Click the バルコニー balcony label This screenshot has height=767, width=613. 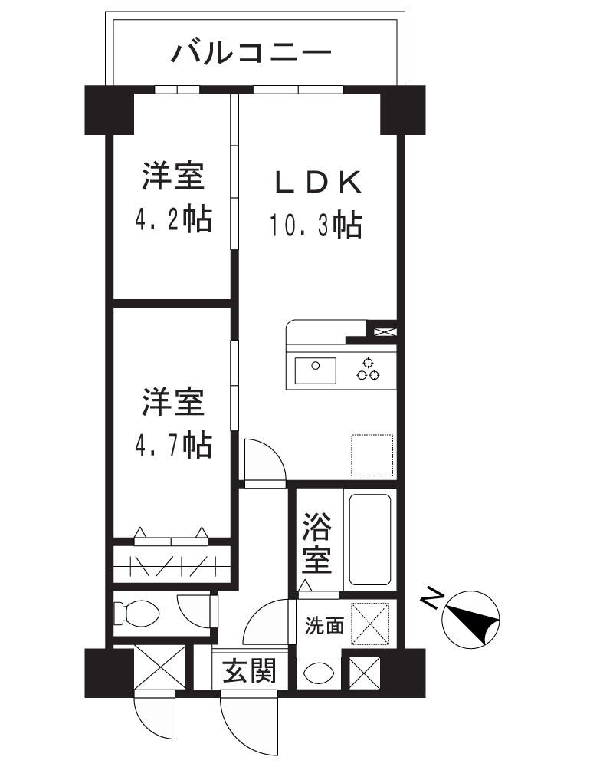(x=252, y=54)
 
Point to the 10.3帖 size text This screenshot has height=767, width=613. (x=315, y=225)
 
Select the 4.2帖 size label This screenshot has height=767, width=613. (x=173, y=220)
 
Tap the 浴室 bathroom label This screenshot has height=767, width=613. (x=316, y=544)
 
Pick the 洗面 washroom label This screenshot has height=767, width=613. (x=324, y=625)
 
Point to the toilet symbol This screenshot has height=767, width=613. (x=137, y=614)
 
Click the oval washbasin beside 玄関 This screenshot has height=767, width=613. (x=319, y=673)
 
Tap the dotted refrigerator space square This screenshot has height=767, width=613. (x=372, y=456)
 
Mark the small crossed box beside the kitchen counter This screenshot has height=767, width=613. (x=385, y=332)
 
